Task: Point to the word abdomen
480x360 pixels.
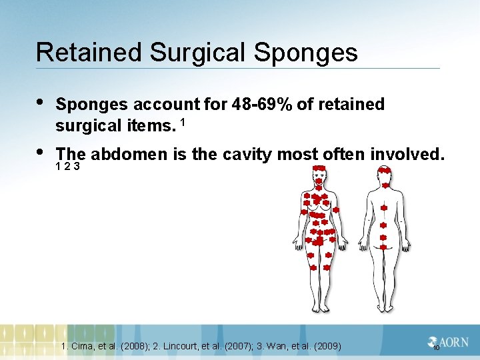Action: click(x=130, y=155)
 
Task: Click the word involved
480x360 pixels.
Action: click(x=407, y=155)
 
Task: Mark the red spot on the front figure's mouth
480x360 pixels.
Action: click(x=319, y=182)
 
